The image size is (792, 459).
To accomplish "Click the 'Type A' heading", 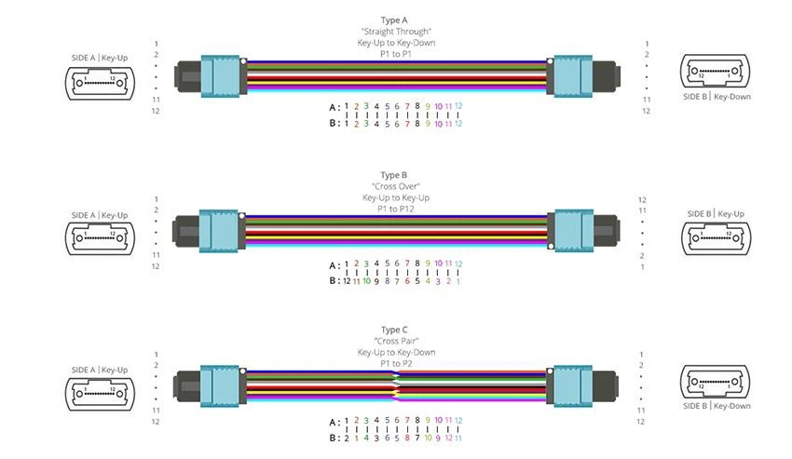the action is pos(394,20).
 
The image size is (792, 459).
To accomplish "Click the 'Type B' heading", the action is pos(393,175).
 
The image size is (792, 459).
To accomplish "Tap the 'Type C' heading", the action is pos(394,330).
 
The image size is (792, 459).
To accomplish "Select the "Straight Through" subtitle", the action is pos(396,32).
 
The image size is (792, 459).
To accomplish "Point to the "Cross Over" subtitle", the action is pos(396,186).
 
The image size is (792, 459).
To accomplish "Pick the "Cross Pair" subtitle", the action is pos(397,341).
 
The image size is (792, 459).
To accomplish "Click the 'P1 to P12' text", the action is pos(395,209).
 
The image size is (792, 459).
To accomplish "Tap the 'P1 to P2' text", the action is pos(396,363).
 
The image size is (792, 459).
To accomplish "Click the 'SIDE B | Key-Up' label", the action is pos(716,213).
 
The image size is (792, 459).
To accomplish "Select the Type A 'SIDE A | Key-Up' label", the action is pos(100,58).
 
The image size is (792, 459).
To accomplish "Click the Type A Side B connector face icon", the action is pos(715,71).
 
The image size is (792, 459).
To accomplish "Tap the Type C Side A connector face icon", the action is pos(100,394).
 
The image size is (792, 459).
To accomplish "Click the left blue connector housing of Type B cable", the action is pos(218,231).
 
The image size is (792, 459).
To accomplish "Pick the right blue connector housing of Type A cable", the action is pos(573,75).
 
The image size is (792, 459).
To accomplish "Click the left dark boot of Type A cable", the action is pos(188,76).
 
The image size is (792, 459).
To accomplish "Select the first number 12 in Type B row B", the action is pos(347,281).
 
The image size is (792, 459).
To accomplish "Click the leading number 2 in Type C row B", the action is pos(347,439).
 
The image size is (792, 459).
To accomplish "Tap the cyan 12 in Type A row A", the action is pos(458,106).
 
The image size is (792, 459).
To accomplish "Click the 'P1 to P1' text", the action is pos(396,54).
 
